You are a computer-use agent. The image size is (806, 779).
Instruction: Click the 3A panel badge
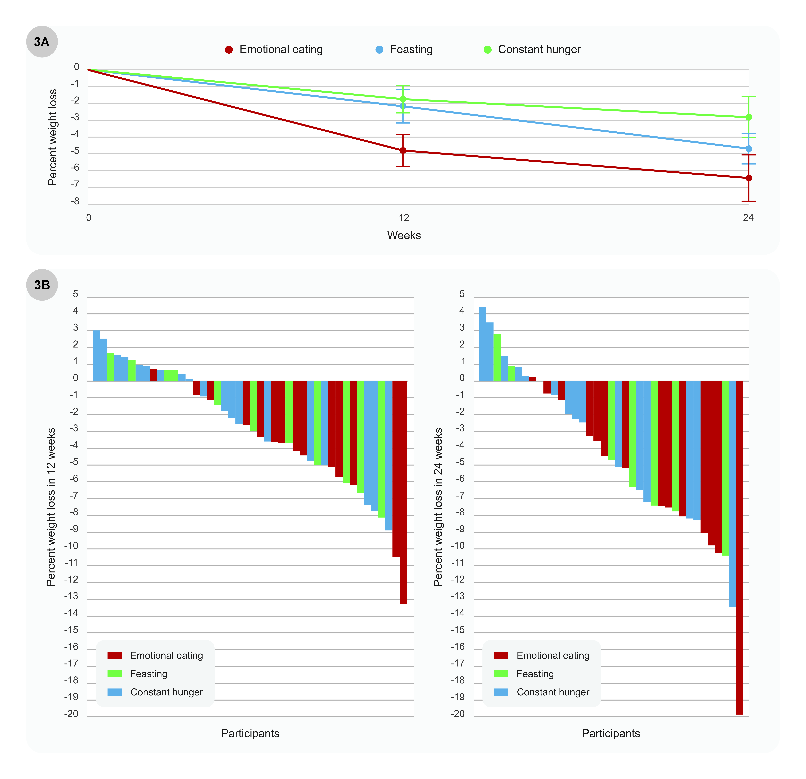42,41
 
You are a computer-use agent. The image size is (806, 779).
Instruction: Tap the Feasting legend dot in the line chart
379,50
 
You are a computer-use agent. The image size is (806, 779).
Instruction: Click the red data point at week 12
403,150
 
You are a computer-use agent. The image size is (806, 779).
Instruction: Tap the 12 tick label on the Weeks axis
404,218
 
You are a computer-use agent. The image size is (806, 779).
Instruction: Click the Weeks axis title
404,236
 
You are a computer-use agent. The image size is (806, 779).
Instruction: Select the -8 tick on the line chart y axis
75,201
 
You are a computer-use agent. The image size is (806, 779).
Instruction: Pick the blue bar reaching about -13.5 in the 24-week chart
732,493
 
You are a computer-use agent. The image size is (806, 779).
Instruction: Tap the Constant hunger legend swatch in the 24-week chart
501,692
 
